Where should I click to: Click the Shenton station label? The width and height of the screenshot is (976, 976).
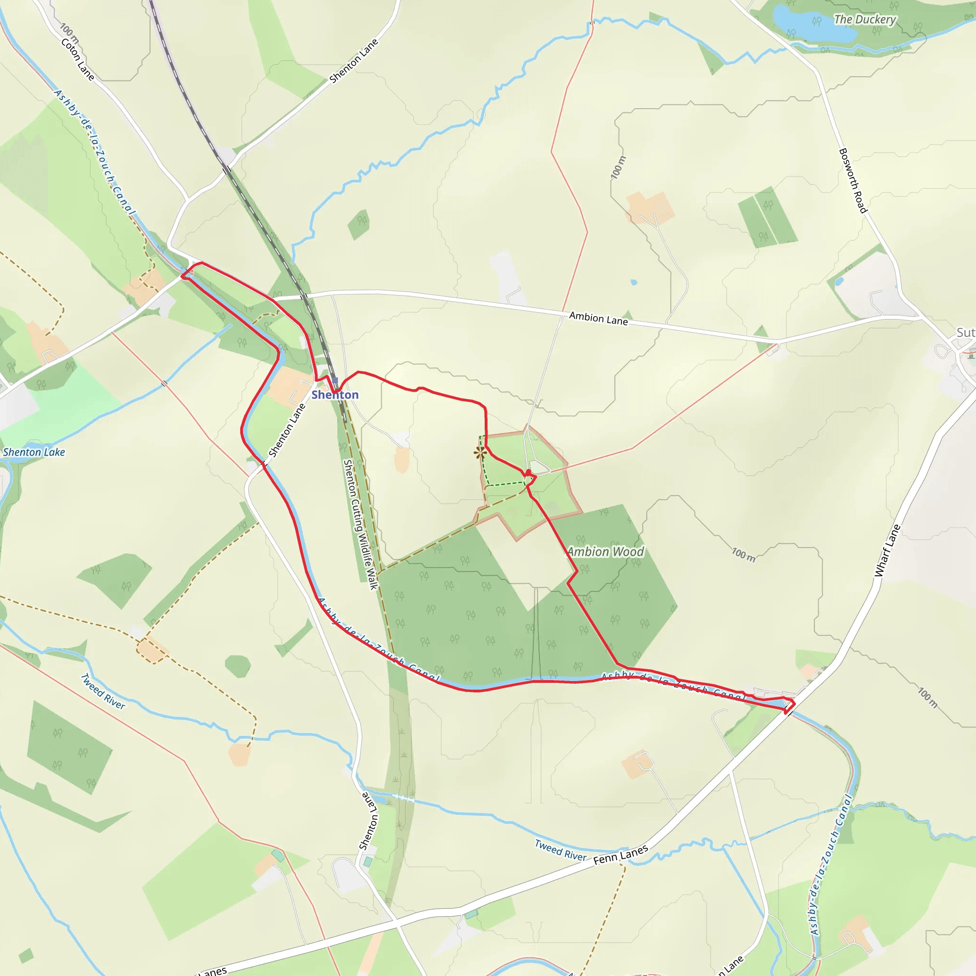pyautogui.click(x=335, y=395)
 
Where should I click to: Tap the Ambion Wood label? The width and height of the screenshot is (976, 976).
pyautogui.click(x=606, y=552)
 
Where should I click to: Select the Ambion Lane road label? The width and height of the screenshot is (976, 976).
pyautogui.click(x=598, y=318)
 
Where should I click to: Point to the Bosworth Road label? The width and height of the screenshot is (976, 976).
pyautogui.click(x=853, y=180)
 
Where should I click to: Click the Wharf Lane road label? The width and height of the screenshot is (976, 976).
pyautogui.click(x=887, y=550)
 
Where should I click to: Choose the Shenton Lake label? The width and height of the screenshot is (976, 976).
pyautogui.click(x=34, y=452)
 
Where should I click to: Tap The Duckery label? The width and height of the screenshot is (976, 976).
pyautogui.click(x=865, y=20)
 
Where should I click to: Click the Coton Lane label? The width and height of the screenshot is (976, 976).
pyautogui.click(x=77, y=59)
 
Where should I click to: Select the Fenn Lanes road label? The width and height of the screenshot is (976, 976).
pyautogui.click(x=620, y=855)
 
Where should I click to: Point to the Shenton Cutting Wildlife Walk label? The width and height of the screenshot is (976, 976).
pyautogui.click(x=360, y=524)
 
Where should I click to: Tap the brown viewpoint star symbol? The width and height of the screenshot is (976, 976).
pyautogui.click(x=480, y=452)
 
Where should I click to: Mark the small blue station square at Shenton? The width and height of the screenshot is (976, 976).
pyautogui.click(x=335, y=380)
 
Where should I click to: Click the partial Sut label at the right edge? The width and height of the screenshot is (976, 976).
pyautogui.click(x=966, y=333)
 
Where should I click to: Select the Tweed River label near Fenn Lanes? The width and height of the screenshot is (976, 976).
pyautogui.click(x=561, y=850)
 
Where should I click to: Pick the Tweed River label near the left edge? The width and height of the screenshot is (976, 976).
pyautogui.click(x=103, y=691)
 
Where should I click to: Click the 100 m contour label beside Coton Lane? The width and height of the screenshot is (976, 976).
pyautogui.click(x=69, y=32)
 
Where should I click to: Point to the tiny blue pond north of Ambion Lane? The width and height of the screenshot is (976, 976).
pyautogui.click(x=634, y=283)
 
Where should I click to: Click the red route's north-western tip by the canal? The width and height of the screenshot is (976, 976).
pyautogui.click(x=183, y=275)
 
